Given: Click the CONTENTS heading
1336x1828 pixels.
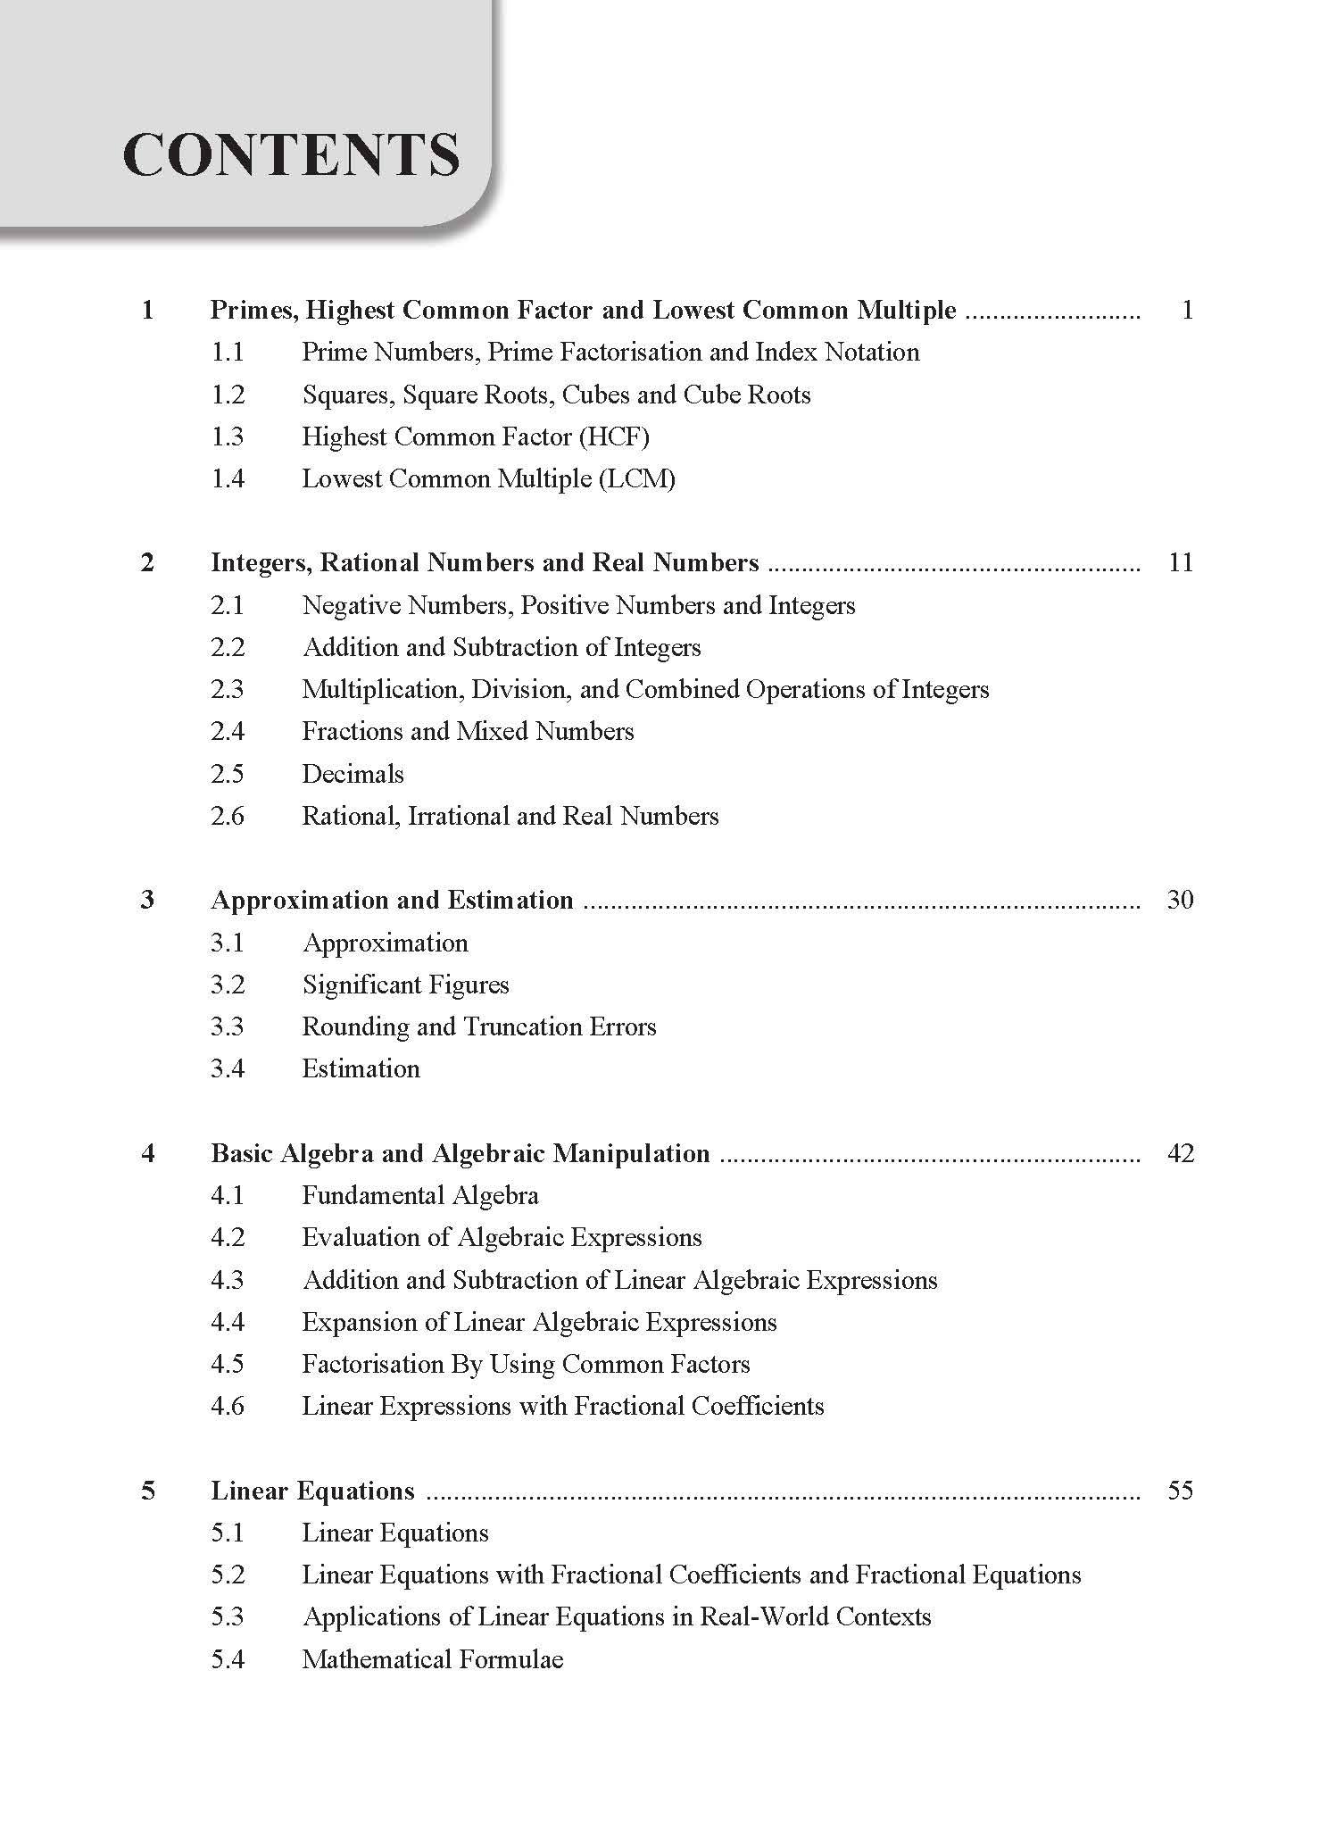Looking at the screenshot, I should (291, 154).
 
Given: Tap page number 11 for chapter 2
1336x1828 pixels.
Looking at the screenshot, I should (1180, 562).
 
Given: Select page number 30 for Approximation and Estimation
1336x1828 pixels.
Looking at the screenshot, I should (1180, 900).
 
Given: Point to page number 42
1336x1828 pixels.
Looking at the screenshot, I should (1180, 1153).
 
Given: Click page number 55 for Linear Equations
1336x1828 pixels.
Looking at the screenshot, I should (1180, 1491).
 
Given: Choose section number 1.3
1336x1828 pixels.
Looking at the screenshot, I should (227, 436).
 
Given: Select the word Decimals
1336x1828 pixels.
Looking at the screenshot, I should (353, 774).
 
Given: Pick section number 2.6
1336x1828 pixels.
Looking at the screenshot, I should (227, 816).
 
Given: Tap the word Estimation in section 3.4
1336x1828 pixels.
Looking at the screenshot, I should (361, 1068).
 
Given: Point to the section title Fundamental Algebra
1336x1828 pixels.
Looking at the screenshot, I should (419, 1195).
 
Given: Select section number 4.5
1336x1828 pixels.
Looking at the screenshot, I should (227, 1364).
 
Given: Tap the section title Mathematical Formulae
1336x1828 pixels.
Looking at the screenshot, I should (432, 1659).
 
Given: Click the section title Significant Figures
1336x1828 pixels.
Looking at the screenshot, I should (405, 985).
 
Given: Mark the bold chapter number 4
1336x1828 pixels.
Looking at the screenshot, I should (148, 1153).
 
